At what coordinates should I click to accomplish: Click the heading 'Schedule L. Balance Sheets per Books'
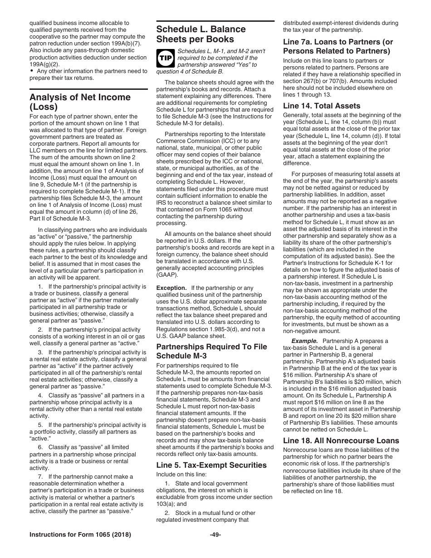coord(201,34)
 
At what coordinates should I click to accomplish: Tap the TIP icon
coord(163,58)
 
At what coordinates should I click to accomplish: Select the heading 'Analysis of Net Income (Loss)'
coord(80,102)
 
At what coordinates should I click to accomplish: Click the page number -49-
coord(215,535)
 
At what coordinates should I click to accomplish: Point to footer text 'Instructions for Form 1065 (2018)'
coord(80,535)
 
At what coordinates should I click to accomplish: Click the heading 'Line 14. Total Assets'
coord(322,106)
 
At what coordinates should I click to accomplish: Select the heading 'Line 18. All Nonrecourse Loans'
coord(341,441)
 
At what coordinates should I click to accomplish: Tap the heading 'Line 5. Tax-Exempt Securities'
coord(211,465)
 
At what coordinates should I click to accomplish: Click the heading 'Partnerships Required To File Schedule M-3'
coord(211,351)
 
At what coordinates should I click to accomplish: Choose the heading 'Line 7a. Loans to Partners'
coord(338,46)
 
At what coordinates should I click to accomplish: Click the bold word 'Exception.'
coord(171,288)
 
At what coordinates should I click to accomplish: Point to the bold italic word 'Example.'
coord(304,341)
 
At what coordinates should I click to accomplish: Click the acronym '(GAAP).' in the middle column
coord(168,275)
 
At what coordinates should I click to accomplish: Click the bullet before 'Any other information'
coord(32,71)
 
